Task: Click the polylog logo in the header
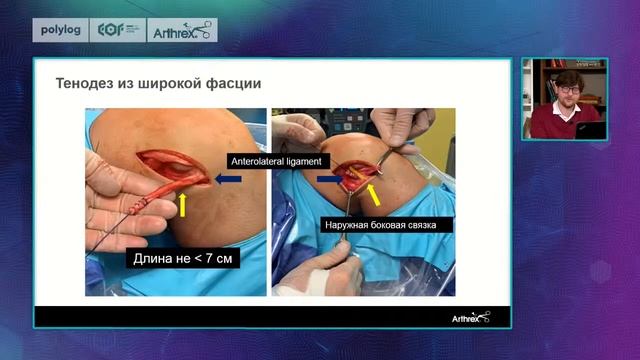(x=59, y=31)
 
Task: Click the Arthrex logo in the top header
(x=182, y=31)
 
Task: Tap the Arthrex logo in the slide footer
(x=468, y=317)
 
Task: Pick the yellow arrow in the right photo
(x=373, y=191)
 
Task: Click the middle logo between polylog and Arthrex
(x=118, y=31)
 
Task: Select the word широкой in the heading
(x=164, y=84)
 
